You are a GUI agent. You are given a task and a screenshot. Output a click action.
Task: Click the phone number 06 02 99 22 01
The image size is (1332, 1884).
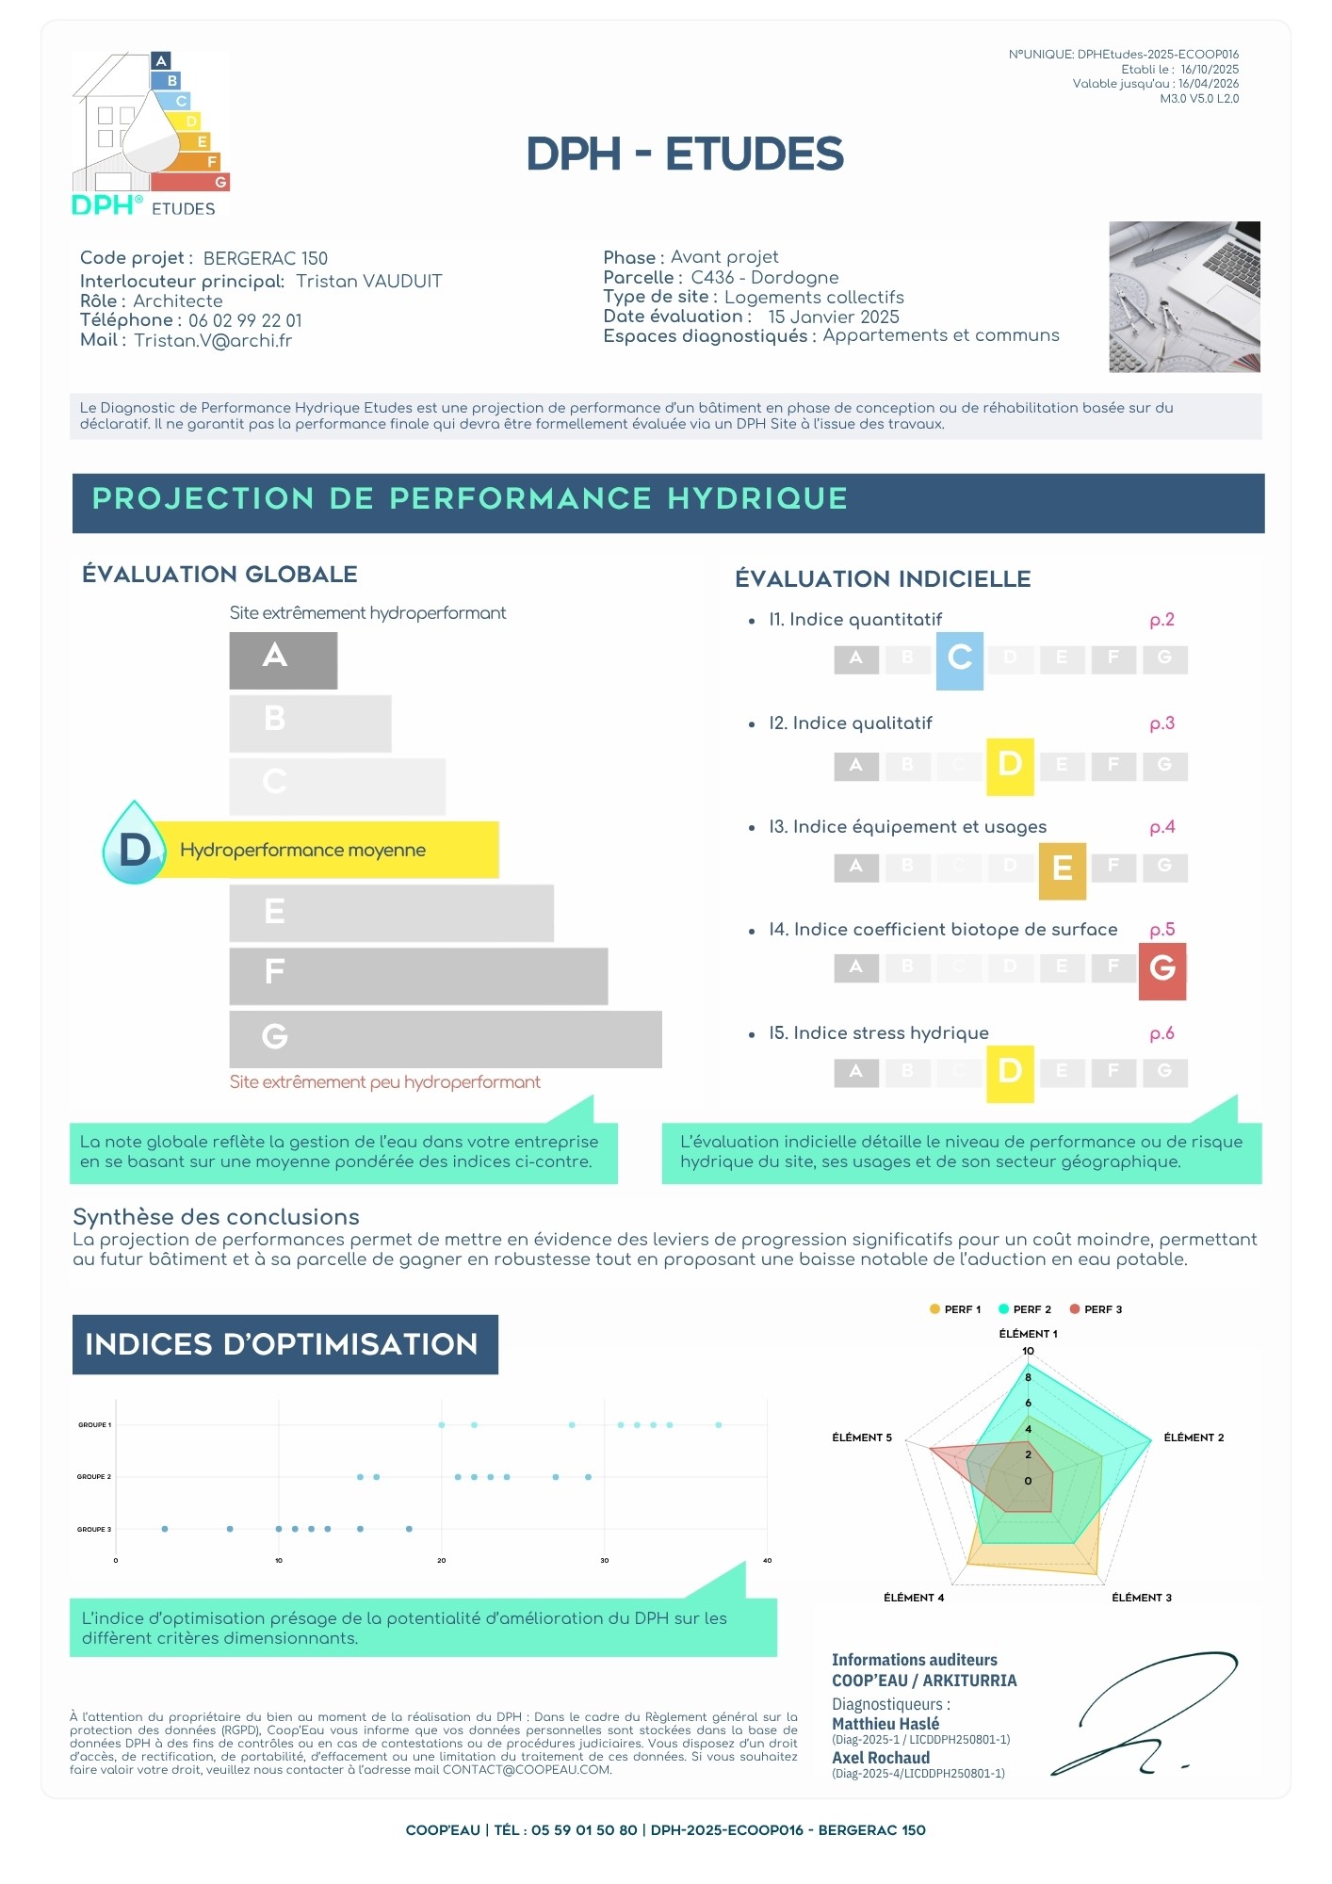(245, 321)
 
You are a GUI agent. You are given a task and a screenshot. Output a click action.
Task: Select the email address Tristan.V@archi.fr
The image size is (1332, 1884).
(213, 341)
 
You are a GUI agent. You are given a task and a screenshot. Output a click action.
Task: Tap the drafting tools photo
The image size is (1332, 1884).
(1184, 297)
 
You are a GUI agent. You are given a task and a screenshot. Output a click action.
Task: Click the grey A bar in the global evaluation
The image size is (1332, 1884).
(284, 660)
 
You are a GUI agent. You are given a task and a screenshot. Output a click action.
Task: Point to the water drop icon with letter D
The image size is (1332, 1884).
(135, 843)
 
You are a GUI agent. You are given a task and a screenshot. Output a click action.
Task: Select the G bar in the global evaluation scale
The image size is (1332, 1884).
(446, 1039)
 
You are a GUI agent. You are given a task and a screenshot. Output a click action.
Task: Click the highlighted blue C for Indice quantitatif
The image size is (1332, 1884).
(960, 660)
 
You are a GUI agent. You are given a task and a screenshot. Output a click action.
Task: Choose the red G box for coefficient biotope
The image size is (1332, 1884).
(1162, 970)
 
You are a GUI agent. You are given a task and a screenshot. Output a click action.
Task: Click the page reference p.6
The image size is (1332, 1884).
(1162, 1034)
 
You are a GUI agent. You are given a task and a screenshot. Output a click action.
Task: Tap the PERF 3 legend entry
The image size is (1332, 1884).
(1096, 1309)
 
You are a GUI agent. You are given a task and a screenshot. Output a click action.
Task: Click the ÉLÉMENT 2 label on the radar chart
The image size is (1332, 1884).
(1194, 1437)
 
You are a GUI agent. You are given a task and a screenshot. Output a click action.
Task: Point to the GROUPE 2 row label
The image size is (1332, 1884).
(94, 1477)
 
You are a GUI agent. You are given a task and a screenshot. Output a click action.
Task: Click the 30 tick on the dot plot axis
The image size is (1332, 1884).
(605, 1561)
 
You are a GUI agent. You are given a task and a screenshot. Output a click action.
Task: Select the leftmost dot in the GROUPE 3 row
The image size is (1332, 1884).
(165, 1529)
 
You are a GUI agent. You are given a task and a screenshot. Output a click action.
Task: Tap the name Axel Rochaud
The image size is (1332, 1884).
(881, 1758)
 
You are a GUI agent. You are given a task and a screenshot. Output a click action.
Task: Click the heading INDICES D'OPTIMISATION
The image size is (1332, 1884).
(282, 1344)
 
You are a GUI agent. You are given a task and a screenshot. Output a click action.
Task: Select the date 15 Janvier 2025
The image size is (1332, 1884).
(834, 317)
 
